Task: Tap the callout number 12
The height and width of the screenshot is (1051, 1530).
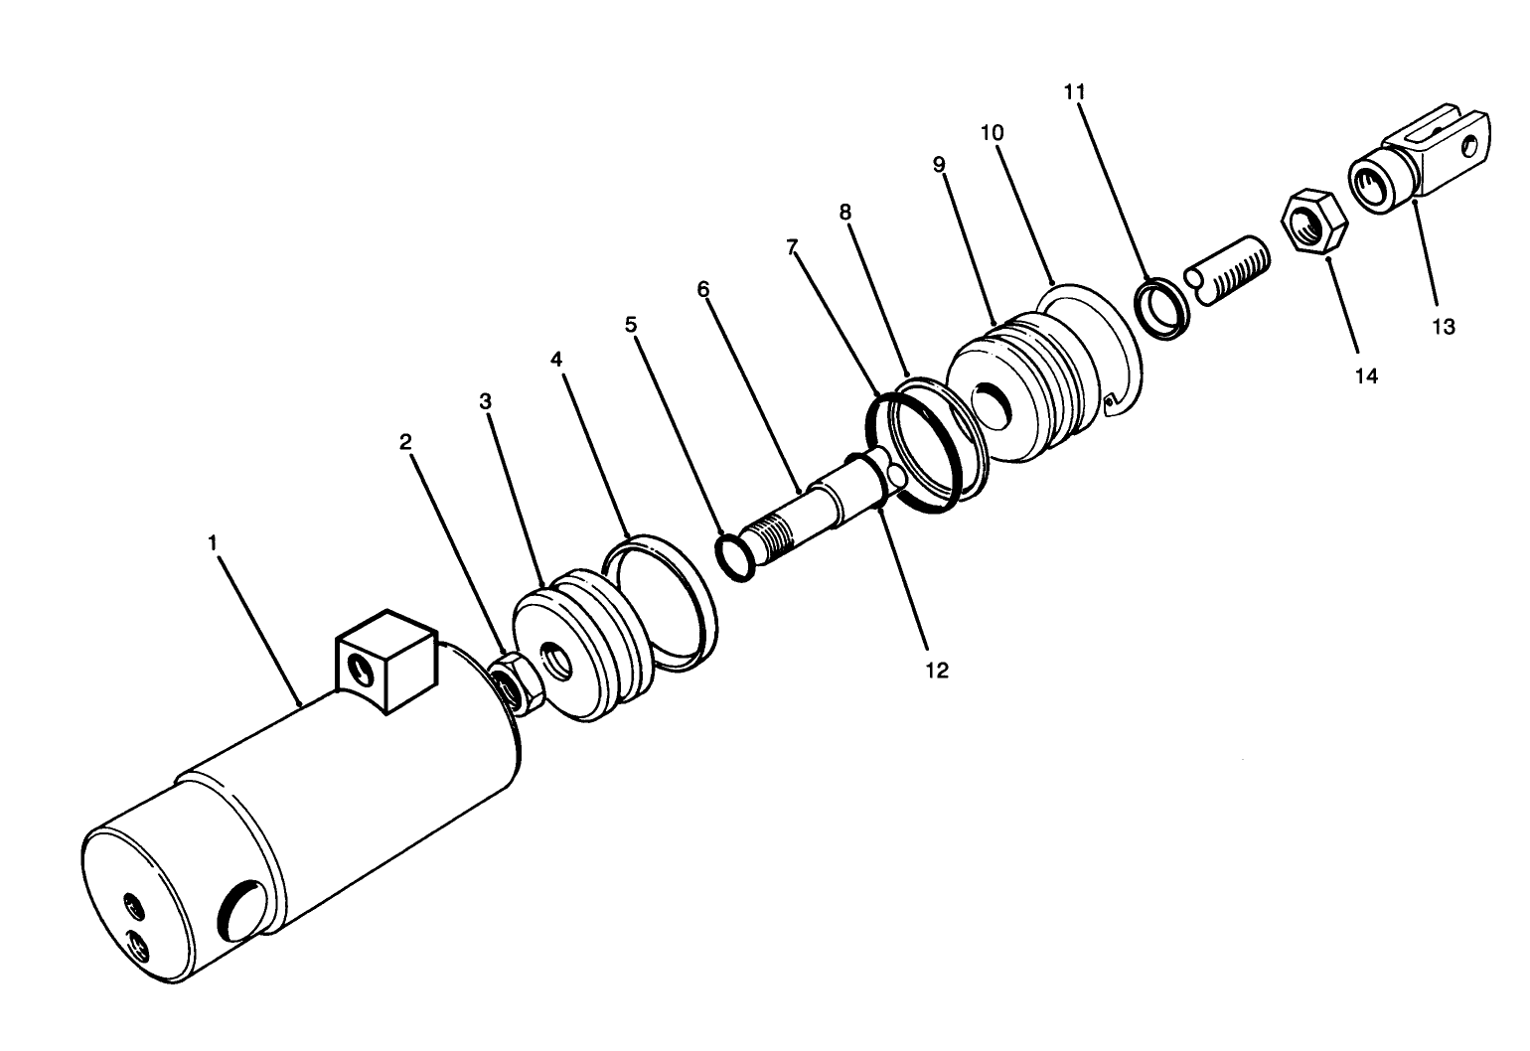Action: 937,671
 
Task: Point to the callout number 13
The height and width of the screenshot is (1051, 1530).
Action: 1444,326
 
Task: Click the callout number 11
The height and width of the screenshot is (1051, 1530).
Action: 1074,91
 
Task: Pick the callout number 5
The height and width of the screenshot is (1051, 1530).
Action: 631,324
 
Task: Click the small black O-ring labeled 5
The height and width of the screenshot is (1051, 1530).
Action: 736,558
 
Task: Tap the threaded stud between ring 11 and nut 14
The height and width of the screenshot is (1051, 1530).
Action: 1231,270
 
